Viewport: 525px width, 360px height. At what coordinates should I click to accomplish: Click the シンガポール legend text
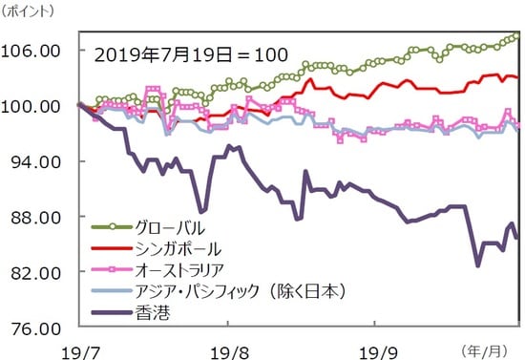(x=178, y=247)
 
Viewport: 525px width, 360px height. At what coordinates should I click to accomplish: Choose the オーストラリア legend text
(x=184, y=268)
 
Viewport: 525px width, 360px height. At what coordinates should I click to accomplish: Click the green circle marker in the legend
(x=113, y=226)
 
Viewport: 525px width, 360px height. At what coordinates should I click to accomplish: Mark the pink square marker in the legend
(x=113, y=268)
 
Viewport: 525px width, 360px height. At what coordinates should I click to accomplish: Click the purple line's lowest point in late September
(x=476, y=265)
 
